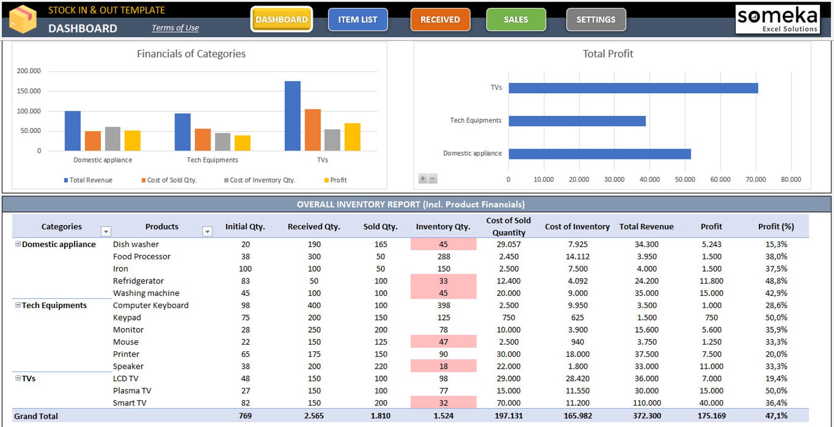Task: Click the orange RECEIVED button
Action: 440,19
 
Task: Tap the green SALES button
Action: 516,19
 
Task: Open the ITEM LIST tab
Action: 358,19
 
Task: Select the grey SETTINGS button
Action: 596,19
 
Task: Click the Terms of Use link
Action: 175,28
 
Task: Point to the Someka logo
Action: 777,19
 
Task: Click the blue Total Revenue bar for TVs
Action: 293,116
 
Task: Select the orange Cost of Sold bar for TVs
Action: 312,130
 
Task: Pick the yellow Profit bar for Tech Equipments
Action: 243,143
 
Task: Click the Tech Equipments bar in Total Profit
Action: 577,121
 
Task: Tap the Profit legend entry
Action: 336,180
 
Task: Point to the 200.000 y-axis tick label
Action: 29,71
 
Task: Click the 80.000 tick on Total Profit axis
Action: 791,179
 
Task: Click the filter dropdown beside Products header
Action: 207,231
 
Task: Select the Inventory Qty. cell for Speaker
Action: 444,366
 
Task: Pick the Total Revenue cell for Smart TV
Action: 647,403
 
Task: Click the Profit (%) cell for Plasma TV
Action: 776,391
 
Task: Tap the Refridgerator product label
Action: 138,281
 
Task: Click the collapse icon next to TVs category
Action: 18,378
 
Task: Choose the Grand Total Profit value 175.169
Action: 712,416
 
